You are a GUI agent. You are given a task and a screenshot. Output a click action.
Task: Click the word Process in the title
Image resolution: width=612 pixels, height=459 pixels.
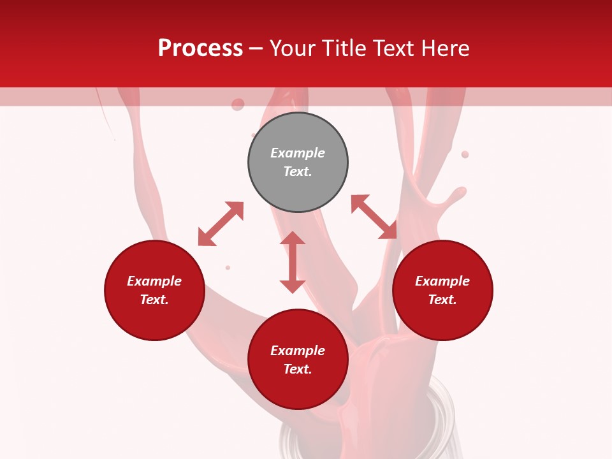point(200,48)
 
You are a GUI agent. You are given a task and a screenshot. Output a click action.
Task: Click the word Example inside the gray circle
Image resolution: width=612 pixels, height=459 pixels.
point(298,153)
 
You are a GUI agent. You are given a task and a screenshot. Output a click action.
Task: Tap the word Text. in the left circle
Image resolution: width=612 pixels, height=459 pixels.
point(154,300)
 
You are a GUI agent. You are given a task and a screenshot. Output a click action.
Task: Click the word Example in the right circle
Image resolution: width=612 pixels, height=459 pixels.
point(442,281)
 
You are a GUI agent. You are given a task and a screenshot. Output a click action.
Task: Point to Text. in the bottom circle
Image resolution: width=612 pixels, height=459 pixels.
point(298,369)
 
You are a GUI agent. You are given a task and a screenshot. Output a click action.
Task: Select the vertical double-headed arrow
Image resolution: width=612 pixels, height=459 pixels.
point(293,262)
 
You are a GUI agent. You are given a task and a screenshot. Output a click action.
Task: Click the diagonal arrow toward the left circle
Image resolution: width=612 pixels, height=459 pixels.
point(221,224)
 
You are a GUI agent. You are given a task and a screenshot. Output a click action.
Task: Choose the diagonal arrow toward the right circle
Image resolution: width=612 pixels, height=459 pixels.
point(374,217)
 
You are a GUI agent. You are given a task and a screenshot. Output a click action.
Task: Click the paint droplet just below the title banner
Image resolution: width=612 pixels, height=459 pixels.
point(238,105)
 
